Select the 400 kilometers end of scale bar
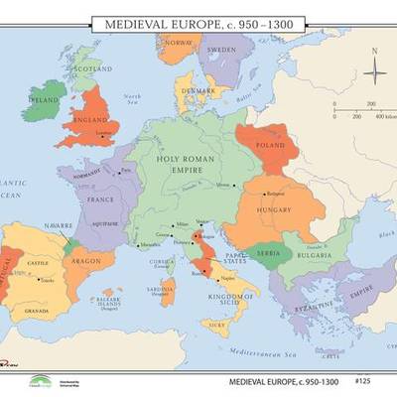[375, 116]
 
